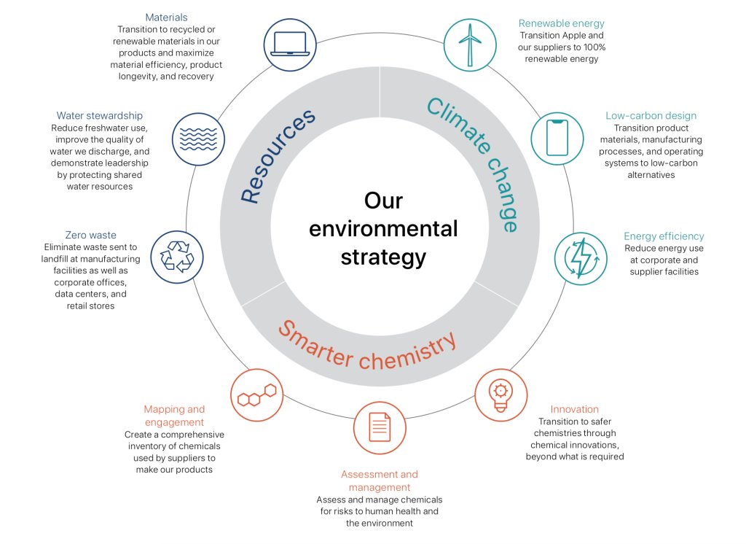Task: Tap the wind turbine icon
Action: tap(470, 44)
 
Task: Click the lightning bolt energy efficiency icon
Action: tap(581, 257)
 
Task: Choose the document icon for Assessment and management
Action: tap(380, 427)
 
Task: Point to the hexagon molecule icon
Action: tap(256, 396)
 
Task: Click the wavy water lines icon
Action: tap(199, 137)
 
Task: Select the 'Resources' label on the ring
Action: tap(278, 156)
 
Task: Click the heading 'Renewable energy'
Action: tap(562, 23)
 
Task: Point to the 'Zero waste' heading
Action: tap(90, 236)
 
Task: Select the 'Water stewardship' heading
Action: tap(100, 115)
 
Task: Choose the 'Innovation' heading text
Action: tap(575, 409)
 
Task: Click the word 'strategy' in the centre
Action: tap(383, 257)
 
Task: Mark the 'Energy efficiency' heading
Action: tap(664, 236)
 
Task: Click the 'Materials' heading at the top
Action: tap(166, 17)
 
